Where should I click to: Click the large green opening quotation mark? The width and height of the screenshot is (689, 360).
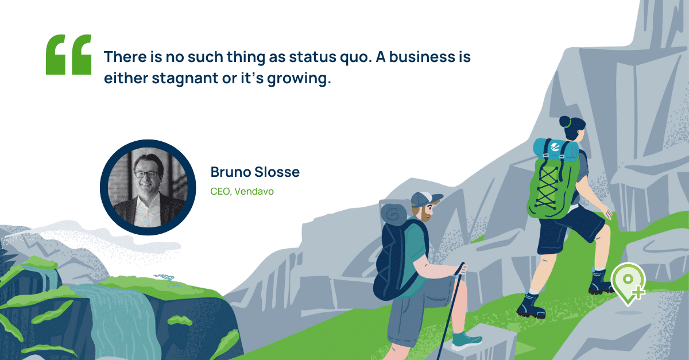(x=68, y=55)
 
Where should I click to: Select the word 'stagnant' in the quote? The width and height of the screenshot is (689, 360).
(x=185, y=79)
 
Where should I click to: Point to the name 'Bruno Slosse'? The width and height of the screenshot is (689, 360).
(x=255, y=172)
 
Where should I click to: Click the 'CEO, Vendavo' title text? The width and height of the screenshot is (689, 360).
(x=242, y=191)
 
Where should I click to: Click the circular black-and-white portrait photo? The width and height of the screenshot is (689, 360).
(x=148, y=187)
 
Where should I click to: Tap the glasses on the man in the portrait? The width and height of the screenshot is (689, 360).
(x=147, y=175)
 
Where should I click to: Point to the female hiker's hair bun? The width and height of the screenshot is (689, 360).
(x=565, y=122)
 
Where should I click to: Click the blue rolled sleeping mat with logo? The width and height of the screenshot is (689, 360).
(x=556, y=150)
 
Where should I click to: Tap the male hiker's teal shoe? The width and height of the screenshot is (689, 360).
(x=467, y=340)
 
